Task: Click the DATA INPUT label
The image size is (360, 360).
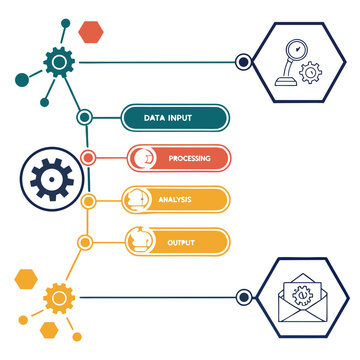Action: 167,118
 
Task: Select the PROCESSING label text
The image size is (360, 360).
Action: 189,158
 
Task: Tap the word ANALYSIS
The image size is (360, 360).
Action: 174,200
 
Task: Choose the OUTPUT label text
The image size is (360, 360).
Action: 181,242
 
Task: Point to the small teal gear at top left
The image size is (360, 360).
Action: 59,62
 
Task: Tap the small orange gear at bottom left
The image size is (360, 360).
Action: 59,296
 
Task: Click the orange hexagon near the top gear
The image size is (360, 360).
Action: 91,31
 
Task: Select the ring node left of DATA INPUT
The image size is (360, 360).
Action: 86,117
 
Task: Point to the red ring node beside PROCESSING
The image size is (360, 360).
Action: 88,157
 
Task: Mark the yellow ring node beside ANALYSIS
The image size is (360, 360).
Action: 88,200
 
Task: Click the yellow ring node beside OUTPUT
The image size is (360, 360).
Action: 86,241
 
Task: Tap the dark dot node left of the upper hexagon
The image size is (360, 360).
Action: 243,62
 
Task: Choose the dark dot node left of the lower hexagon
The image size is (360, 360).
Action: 243,296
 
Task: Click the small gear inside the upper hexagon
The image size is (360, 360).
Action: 311,72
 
